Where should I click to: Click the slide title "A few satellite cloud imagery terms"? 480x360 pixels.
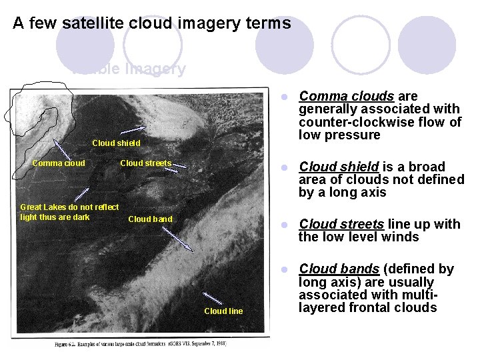pos(152,23)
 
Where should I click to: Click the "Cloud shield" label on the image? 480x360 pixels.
pos(116,143)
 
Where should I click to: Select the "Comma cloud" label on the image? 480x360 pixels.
pos(59,163)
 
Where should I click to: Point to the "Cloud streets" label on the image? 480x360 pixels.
pos(145,163)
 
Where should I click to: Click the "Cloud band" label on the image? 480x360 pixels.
pos(150,219)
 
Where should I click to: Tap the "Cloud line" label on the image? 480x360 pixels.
pos(223,311)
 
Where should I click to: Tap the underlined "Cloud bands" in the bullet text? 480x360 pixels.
pos(339,269)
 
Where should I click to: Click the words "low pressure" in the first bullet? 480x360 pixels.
pos(339,135)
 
